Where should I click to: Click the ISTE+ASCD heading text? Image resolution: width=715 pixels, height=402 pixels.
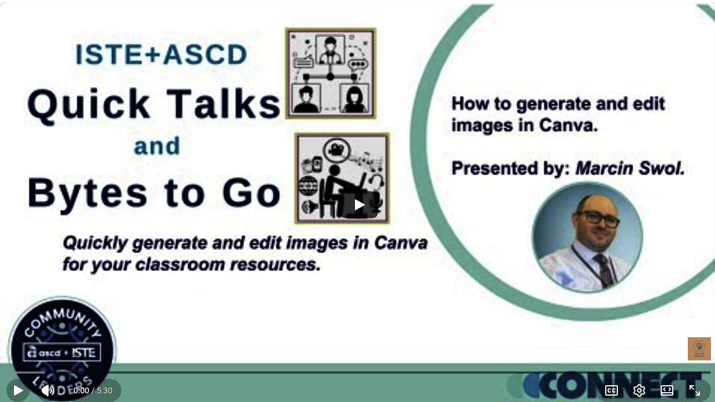tap(161, 55)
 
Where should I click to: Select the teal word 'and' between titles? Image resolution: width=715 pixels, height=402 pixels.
tap(157, 146)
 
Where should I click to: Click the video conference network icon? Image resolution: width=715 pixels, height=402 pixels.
tap(330, 73)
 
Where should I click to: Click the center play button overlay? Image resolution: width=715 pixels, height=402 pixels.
tap(359, 205)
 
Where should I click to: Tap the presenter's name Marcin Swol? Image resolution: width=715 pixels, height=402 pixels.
tap(629, 168)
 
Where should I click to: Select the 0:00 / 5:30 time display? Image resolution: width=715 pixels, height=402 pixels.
tap(92, 390)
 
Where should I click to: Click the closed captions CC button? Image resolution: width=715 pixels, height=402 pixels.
tap(611, 390)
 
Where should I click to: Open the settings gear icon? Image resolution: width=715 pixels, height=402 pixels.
tap(639, 390)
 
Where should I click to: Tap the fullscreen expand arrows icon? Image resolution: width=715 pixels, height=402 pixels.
tap(694, 390)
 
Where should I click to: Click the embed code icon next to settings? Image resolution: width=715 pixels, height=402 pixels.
tap(666, 390)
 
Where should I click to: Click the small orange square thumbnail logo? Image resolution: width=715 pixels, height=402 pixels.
tap(699, 349)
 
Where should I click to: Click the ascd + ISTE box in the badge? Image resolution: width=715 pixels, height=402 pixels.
tap(62, 352)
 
